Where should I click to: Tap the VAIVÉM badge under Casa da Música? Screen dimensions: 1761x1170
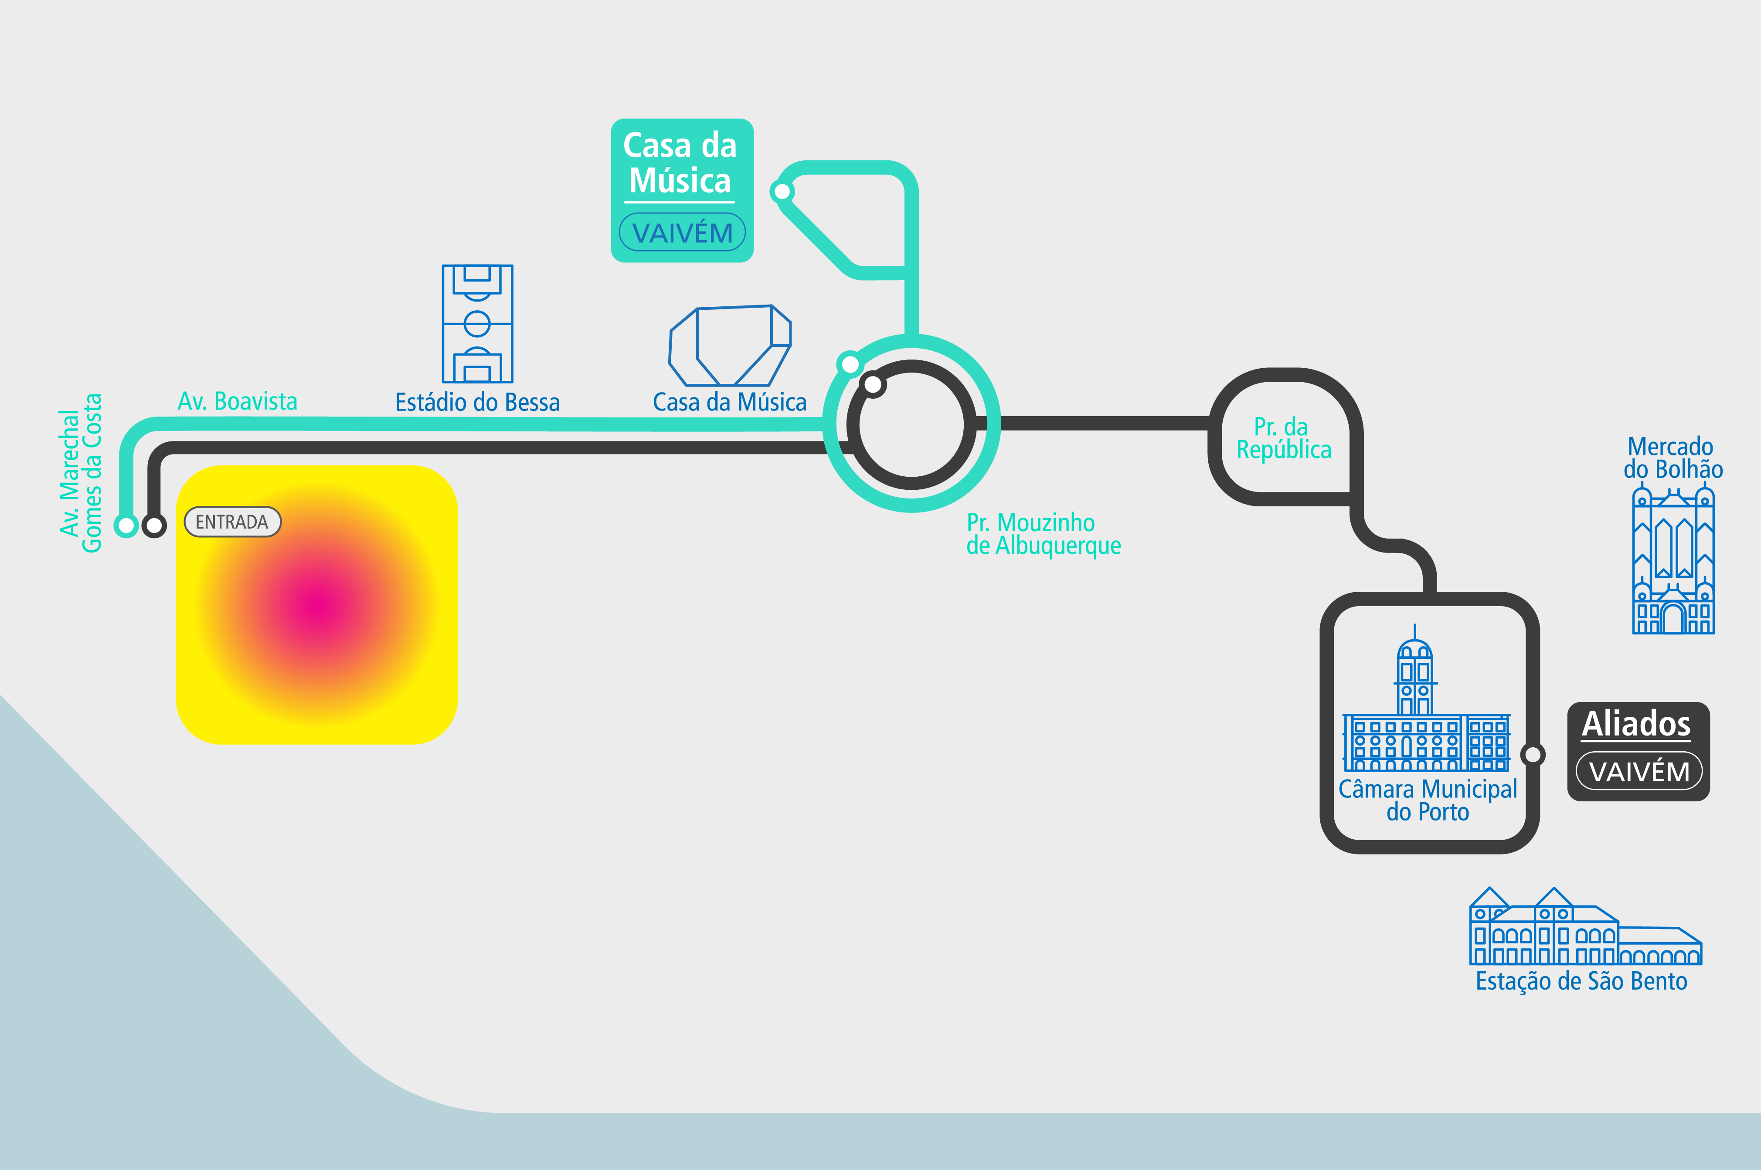682,232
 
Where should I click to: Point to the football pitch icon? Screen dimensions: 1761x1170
478,324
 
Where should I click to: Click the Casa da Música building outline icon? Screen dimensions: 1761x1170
730,346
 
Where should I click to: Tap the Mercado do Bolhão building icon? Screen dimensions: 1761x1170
1673,560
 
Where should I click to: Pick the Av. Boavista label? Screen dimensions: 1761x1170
237,401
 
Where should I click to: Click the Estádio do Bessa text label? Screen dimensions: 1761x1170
478,402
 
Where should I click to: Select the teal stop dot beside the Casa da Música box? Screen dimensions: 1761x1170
782,192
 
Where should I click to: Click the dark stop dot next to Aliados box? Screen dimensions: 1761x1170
1533,754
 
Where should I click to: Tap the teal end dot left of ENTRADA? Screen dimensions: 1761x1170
126,526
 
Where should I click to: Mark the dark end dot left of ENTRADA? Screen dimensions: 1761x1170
154,526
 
